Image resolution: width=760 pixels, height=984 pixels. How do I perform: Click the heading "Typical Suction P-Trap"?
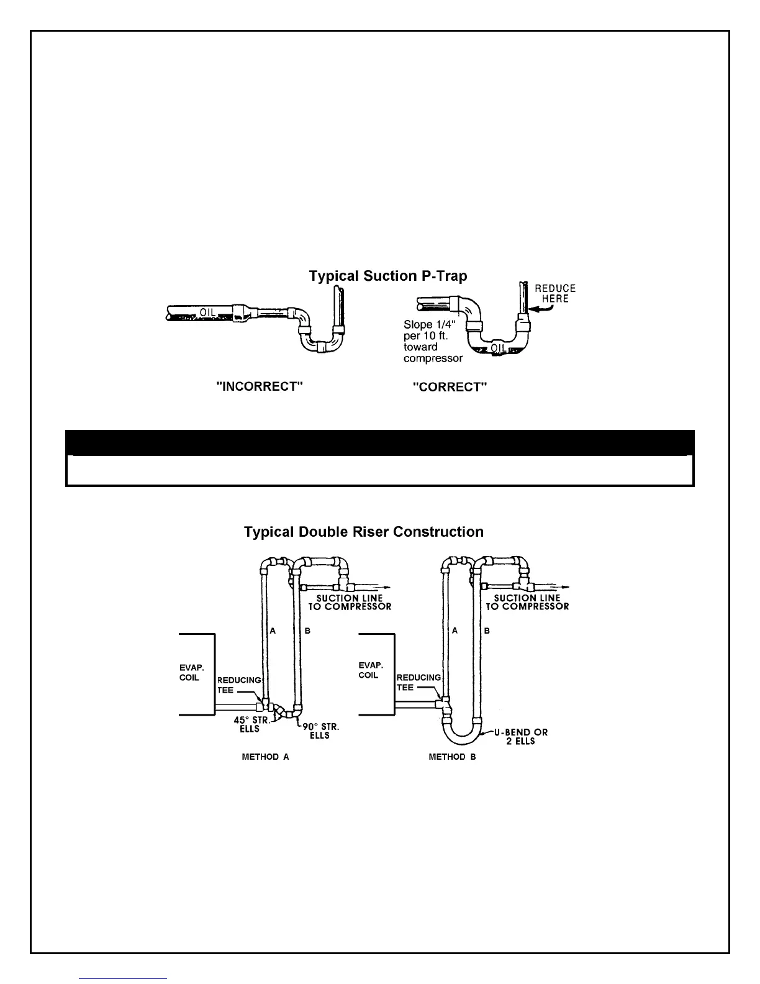(388, 276)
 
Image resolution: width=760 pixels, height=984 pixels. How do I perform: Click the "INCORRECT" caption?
(260, 386)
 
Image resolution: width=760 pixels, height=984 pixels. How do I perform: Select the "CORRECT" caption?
(450, 387)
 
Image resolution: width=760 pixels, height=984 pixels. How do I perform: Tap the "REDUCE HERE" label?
(555, 293)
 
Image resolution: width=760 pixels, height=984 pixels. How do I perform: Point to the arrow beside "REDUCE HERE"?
(537, 304)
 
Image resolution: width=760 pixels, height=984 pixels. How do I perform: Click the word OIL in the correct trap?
(498, 348)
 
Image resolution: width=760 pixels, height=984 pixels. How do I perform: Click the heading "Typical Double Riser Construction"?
(364, 532)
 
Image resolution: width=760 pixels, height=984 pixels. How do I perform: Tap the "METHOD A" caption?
(265, 757)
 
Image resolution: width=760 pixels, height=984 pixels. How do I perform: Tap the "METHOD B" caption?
(452, 757)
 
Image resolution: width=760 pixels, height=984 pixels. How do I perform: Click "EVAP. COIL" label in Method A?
(189, 673)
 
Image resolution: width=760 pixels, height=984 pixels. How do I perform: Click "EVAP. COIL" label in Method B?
(369, 670)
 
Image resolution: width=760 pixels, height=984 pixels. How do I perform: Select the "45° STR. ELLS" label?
(250, 724)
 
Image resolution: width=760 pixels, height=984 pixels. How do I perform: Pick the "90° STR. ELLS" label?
(320, 731)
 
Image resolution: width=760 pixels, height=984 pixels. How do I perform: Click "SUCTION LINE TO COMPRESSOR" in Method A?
(350, 603)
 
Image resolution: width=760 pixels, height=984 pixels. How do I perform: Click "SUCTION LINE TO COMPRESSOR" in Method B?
(527, 603)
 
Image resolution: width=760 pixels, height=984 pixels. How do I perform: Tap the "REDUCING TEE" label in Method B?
(418, 682)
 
